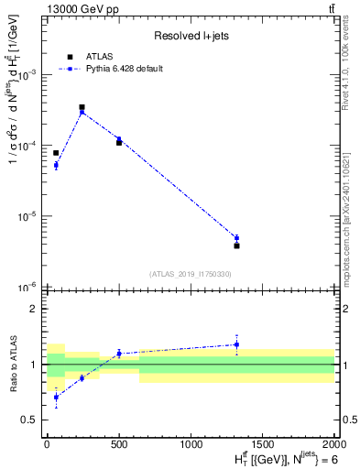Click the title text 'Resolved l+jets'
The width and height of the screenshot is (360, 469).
click(x=191, y=36)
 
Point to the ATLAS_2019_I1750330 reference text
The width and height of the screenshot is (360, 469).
click(x=191, y=274)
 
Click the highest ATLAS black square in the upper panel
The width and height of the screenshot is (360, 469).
click(x=82, y=107)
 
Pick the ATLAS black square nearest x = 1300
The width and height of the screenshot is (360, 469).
click(x=236, y=245)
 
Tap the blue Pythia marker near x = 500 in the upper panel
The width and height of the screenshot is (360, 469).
click(x=119, y=139)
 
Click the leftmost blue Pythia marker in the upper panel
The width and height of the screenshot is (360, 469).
click(x=56, y=165)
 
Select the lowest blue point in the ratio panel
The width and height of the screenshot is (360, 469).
click(x=56, y=397)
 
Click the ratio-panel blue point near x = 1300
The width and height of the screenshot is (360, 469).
click(x=236, y=344)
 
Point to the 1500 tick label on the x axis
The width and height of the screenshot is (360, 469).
click(x=263, y=443)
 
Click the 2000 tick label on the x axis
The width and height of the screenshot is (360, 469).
click(x=333, y=443)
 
